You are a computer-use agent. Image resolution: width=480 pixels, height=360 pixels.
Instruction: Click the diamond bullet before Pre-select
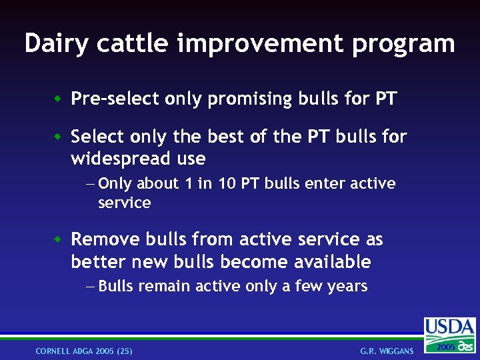click(x=58, y=99)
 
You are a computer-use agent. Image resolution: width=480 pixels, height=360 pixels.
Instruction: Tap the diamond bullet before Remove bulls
click(x=58, y=239)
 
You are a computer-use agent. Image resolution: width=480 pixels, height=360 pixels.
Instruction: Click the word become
click(x=257, y=262)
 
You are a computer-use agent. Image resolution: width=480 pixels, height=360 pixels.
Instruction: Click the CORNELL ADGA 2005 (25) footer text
click(x=84, y=351)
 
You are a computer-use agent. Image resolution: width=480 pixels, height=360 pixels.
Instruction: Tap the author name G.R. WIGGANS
click(x=387, y=351)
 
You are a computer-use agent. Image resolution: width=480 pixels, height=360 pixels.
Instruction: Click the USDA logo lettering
click(x=450, y=327)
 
